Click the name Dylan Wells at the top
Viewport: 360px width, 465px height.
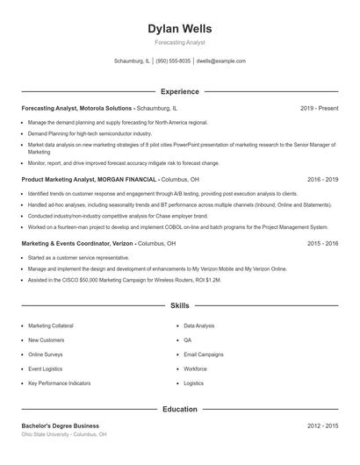coord(180,29)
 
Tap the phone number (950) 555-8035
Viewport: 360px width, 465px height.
coord(172,61)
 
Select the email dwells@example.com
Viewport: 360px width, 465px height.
coord(220,61)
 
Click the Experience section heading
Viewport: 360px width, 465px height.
coord(180,91)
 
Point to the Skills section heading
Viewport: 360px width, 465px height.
coord(180,306)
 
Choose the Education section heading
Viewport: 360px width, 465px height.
coord(180,409)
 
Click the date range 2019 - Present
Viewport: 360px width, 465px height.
coord(319,108)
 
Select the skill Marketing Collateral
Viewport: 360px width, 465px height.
coord(52,325)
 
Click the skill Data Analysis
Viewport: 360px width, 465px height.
coord(199,325)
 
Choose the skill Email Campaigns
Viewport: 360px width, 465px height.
coord(204,354)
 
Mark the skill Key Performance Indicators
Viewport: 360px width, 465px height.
coord(58,383)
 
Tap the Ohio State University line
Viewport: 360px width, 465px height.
coord(64,434)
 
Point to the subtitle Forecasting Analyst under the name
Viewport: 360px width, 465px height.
coord(180,42)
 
